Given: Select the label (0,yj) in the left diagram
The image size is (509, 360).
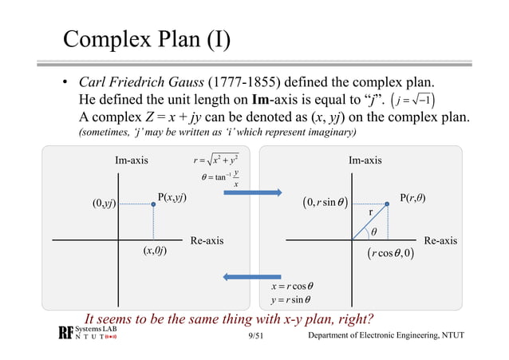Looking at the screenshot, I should tap(105, 204).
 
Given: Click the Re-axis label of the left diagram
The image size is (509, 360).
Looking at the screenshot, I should tap(207, 239).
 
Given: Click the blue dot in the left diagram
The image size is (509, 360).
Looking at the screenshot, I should tap(153, 205).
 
